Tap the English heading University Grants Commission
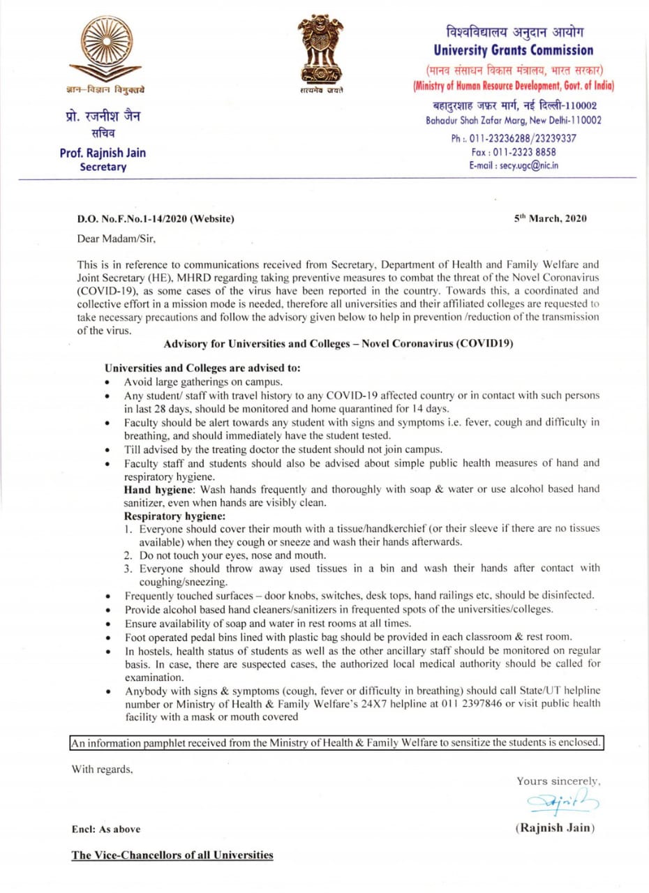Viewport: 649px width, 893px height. [x=513, y=50]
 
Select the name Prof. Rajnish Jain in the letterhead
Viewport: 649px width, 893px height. [x=103, y=153]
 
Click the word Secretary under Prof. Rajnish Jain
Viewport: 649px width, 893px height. [x=103, y=167]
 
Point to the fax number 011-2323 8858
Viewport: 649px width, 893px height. [x=514, y=151]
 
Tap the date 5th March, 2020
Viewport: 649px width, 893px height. [x=551, y=218]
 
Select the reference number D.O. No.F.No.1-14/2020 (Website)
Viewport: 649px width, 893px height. [x=156, y=219]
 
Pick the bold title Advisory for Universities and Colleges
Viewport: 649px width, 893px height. [x=338, y=344]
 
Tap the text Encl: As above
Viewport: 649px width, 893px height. [x=105, y=829]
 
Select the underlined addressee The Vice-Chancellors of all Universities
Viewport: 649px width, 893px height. [x=172, y=855]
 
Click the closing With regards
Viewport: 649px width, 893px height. [x=102, y=770]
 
